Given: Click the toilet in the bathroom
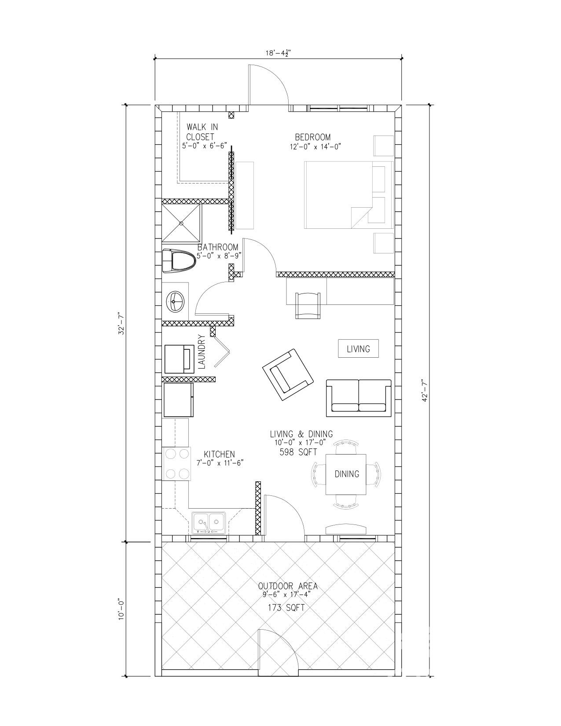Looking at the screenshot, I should point(179,261).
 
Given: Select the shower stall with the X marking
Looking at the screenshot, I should point(181,223).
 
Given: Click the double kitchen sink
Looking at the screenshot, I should point(209,523).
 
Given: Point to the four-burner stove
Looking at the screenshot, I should point(177,464).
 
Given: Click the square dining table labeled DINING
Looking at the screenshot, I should point(346,474).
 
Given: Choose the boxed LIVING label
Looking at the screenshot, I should point(358,349).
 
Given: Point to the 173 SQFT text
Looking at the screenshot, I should point(286,608).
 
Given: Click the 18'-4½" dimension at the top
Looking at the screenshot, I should point(278,53).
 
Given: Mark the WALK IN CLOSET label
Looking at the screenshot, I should point(202,132).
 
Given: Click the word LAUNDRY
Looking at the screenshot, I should point(202,352).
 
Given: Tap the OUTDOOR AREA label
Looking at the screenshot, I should point(288,586).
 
